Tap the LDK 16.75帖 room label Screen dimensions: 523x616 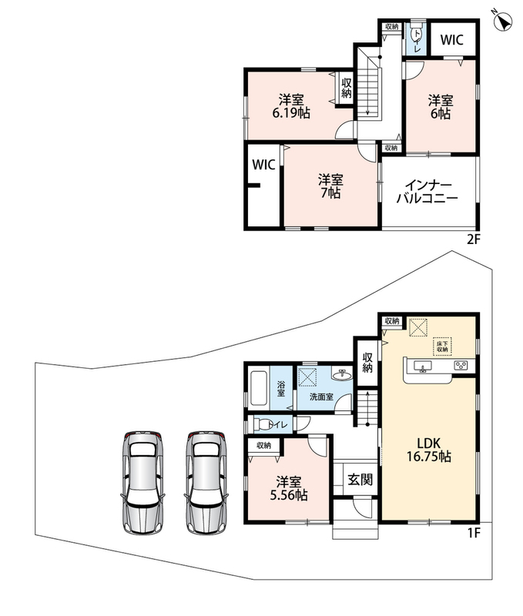tap(429, 450)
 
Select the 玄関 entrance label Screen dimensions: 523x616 tap(360, 480)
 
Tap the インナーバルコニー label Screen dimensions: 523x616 tap(427, 192)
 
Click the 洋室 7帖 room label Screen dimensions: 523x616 tap(330, 186)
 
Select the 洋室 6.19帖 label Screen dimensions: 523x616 tap(291, 106)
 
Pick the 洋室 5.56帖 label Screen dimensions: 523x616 tap(288, 488)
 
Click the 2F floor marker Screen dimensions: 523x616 tap(474, 239)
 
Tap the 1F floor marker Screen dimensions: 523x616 tap(474, 533)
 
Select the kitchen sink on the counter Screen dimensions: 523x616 tap(422, 366)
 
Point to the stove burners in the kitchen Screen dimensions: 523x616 tap(461, 365)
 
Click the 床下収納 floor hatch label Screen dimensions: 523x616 tap(442, 346)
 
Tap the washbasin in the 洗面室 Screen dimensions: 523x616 tap(342, 374)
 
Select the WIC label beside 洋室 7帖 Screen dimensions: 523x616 tap(263, 165)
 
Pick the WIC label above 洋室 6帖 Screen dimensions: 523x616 tap(451, 40)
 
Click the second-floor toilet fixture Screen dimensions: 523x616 tap(415, 35)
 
